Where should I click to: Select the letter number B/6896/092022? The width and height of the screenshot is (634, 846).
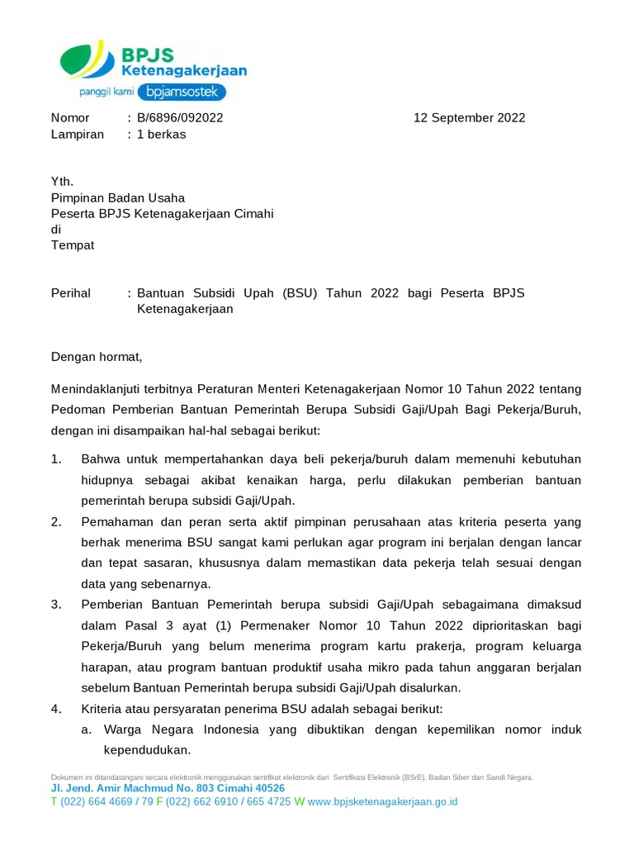(180, 117)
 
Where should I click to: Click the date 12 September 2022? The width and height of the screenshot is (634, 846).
(469, 117)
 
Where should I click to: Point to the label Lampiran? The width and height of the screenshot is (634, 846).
(78, 134)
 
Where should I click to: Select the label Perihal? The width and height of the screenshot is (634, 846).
(71, 292)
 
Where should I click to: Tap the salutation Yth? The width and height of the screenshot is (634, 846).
(63, 181)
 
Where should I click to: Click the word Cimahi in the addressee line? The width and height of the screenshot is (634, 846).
(253, 213)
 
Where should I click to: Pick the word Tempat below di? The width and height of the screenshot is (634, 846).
(73, 245)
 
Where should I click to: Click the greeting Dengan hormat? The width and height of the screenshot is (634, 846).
(97, 357)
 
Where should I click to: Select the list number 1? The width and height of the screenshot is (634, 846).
(56, 459)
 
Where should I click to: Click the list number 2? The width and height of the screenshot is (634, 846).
(56, 521)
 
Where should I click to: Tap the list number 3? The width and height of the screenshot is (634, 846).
(56, 605)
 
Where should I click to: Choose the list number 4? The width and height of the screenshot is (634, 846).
(56, 709)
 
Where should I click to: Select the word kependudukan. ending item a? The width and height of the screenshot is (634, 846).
(147, 750)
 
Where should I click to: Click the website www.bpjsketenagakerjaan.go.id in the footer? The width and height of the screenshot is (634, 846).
(382, 801)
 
